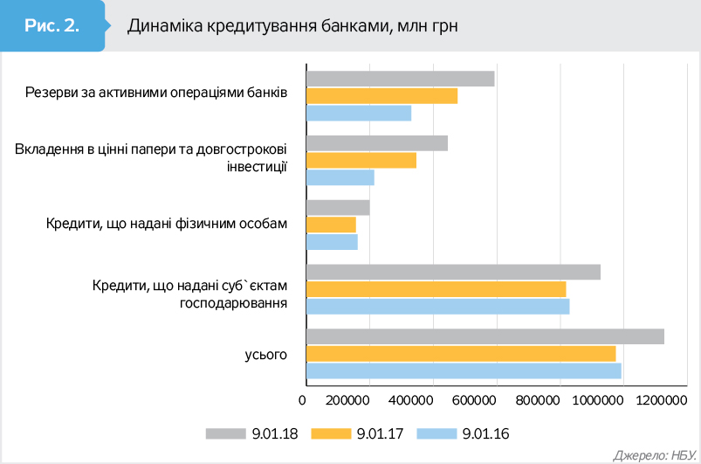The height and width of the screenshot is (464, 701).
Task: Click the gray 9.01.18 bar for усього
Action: click(x=485, y=336)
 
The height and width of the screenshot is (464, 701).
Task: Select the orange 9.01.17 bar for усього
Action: click(x=461, y=353)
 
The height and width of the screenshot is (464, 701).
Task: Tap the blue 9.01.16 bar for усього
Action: click(x=464, y=371)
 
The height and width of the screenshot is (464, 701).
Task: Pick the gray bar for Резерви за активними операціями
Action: click(x=401, y=79)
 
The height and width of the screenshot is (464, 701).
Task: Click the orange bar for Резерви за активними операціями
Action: click(x=382, y=96)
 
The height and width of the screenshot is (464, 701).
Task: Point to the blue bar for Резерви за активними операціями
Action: click(x=359, y=113)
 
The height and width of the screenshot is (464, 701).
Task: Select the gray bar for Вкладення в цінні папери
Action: click(x=377, y=143)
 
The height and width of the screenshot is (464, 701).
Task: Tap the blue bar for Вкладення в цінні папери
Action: click(x=340, y=177)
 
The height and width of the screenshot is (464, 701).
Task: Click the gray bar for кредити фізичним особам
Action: click(x=338, y=208)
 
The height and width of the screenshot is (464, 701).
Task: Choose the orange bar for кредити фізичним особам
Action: click(x=332, y=225)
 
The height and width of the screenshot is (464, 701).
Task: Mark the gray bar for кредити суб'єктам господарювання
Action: click(x=453, y=272)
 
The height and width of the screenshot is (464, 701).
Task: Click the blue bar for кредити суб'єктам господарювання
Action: click(x=438, y=306)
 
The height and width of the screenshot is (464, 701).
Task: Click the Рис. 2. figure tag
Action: click(x=52, y=25)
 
